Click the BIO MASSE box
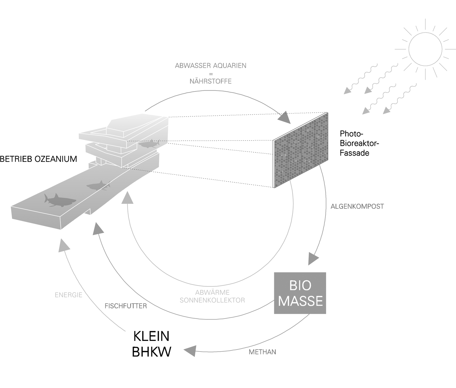click(x=300, y=293)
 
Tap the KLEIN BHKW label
click(x=152, y=344)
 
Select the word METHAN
click(x=262, y=352)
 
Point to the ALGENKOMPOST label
click(x=357, y=206)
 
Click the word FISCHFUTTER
click(x=126, y=306)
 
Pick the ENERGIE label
click(x=68, y=295)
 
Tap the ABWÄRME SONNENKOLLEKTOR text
click(x=212, y=296)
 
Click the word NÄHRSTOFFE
click(x=211, y=81)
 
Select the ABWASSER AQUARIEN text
click(x=211, y=66)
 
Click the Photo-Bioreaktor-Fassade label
click(x=359, y=143)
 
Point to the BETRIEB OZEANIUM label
click(x=38, y=159)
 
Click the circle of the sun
click(x=425, y=50)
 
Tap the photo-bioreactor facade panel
click(x=301, y=150)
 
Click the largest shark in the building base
click(x=59, y=200)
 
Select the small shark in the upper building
click(x=148, y=144)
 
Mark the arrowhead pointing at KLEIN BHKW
click(x=190, y=350)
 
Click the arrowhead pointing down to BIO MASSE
click(x=313, y=259)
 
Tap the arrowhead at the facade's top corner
click(x=284, y=117)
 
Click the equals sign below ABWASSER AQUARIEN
click(x=211, y=74)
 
